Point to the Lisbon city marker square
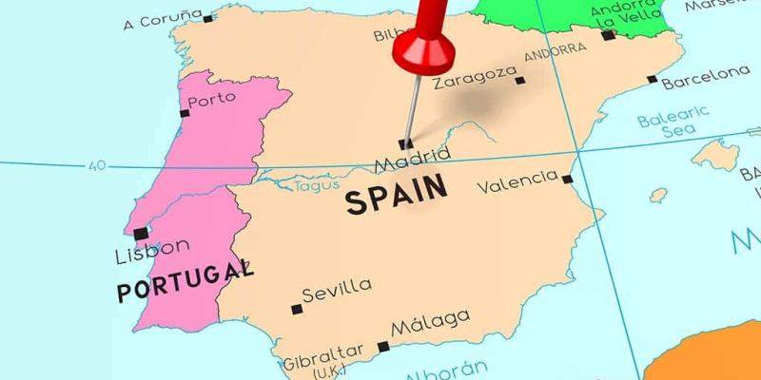[141, 234]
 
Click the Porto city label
[211, 99]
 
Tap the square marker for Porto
[185, 113]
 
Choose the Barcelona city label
[706, 77]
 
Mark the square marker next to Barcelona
[652, 80]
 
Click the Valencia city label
[517, 180]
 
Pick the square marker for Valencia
[567, 179]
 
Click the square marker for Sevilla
[297, 309]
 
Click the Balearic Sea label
[673, 122]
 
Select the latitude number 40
[96, 165]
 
